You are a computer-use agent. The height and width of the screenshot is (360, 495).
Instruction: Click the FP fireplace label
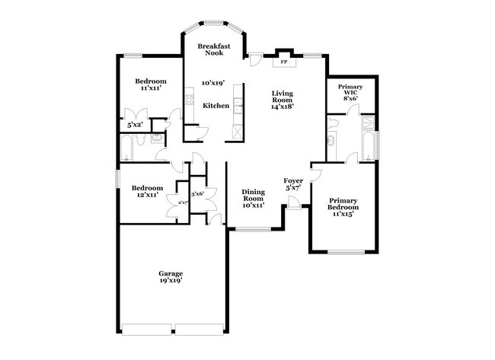(x=284, y=62)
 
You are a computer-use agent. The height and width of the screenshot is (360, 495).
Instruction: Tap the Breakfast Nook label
(x=214, y=49)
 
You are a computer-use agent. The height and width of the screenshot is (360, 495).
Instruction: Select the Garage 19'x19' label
(x=171, y=277)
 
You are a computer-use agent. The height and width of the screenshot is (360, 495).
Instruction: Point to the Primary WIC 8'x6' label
(x=350, y=92)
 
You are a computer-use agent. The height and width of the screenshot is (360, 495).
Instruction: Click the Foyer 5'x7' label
(x=293, y=184)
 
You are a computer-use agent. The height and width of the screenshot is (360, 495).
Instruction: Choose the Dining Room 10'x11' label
(x=253, y=199)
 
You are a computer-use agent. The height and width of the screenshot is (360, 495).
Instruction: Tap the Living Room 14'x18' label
(x=283, y=100)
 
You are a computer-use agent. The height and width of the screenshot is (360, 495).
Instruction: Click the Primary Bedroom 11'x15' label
(x=343, y=207)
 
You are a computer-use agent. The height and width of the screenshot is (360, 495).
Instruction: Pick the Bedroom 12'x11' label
(x=148, y=191)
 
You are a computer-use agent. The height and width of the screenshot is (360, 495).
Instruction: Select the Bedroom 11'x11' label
(x=151, y=84)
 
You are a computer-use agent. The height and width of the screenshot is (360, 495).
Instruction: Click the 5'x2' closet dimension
(x=135, y=125)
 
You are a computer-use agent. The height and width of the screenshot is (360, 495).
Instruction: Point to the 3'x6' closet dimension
(x=198, y=194)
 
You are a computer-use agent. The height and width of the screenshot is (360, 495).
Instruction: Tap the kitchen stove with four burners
(x=190, y=100)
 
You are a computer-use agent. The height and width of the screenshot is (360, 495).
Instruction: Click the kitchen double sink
(x=238, y=105)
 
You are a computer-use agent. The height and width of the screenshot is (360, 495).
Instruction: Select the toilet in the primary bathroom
(x=333, y=123)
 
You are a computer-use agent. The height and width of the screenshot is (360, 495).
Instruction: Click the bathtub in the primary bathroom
(x=368, y=146)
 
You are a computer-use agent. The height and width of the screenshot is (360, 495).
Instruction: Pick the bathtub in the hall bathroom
(x=126, y=148)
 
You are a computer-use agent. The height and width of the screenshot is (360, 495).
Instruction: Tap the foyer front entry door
(x=294, y=202)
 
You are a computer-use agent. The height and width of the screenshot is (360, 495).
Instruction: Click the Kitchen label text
(x=216, y=106)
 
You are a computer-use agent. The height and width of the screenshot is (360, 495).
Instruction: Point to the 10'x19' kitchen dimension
(x=213, y=83)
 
